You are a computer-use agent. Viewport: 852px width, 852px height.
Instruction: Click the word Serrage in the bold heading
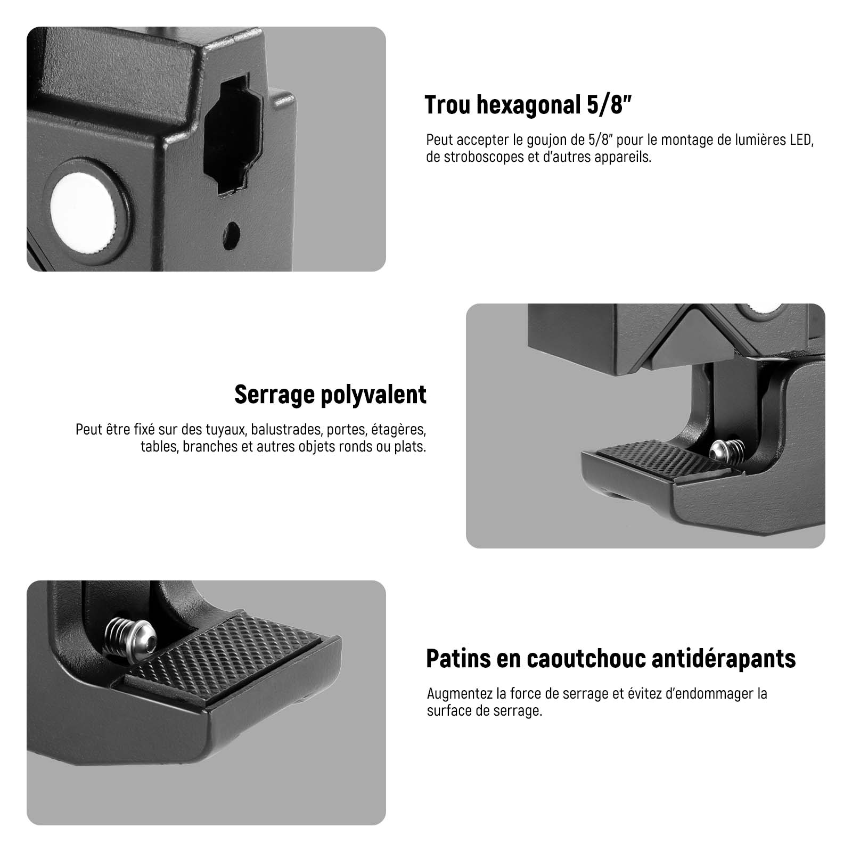(x=271, y=395)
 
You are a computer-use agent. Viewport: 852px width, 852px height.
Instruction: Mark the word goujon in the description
(x=542, y=141)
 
